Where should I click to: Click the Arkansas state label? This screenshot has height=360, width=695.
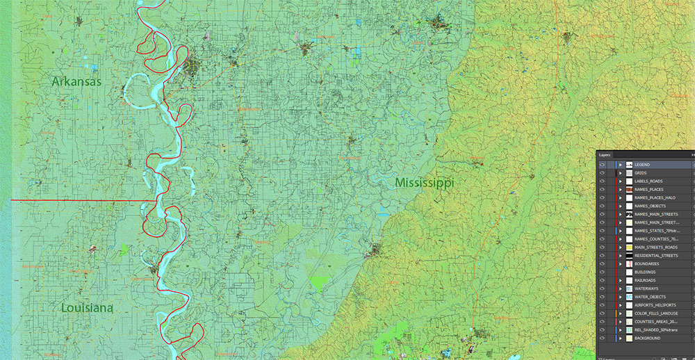coord(76,81)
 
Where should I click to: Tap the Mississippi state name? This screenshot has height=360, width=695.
coord(424,183)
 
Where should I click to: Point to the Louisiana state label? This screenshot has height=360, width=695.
coord(87,308)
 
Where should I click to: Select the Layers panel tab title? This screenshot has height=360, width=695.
coord(605,155)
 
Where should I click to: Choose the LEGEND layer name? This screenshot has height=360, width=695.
coord(642,165)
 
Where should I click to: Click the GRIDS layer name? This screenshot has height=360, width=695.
coord(641,173)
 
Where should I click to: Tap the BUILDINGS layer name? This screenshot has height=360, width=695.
coord(646,272)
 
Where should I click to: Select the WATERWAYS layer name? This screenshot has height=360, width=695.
coord(647,288)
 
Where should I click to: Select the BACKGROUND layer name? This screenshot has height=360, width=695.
coord(648,338)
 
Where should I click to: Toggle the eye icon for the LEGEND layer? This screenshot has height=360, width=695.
coord(602,165)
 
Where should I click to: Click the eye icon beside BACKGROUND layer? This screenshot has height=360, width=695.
coord(602,338)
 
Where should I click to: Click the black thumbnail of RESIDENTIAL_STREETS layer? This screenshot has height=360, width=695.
coord(628,256)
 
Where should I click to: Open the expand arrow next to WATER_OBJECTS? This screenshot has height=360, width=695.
coord(620,297)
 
